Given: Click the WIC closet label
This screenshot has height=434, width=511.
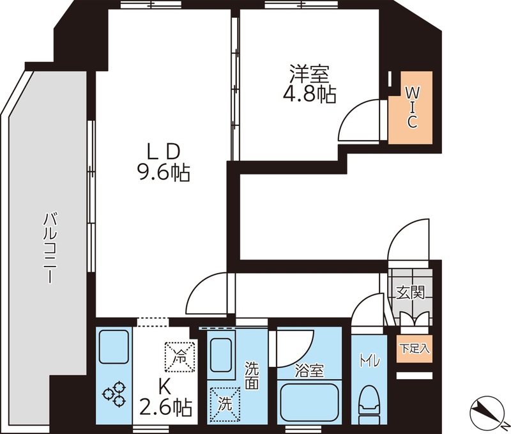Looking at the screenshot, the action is click(411, 108).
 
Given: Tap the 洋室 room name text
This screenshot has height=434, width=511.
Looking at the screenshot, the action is click(309, 74).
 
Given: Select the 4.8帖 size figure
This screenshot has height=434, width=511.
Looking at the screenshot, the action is click(309, 95).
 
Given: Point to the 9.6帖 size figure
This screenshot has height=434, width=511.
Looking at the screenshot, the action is click(163, 173).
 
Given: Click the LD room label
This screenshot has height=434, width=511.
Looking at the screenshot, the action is click(164, 151).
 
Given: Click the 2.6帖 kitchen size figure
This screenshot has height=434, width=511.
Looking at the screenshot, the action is click(165, 407).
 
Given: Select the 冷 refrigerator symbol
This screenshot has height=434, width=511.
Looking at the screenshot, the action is click(179, 357).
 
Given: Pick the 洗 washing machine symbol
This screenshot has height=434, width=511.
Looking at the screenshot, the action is click(225, 404).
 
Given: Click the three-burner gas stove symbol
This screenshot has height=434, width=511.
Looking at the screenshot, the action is click(114, 393).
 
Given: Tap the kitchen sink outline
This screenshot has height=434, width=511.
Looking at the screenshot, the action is click(114, 347).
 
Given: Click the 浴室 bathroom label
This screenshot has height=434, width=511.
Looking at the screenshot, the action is click(309, 371).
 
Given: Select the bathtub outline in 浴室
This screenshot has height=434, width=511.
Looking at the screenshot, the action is click(309, 401).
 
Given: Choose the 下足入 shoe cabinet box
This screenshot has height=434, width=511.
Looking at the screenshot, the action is click(415, 348).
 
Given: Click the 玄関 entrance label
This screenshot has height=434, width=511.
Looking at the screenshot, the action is click(410, 293).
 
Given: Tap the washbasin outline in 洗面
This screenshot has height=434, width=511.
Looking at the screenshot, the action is click(222, 355).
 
